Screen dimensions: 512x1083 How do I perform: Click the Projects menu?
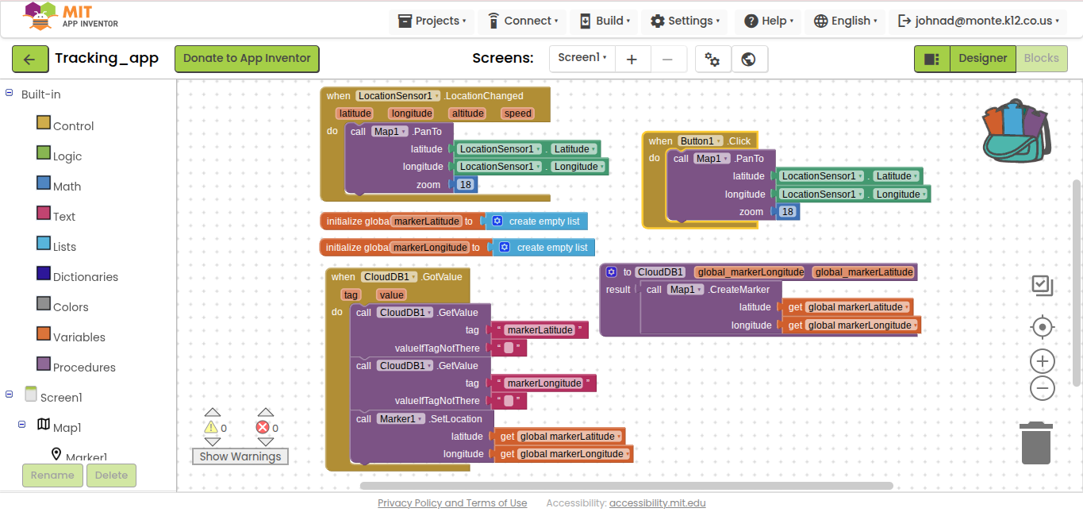(432, 21)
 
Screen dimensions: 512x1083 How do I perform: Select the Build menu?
(605, 21)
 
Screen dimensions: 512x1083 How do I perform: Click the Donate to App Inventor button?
(247, 59)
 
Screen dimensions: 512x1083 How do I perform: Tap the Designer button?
(982, 59)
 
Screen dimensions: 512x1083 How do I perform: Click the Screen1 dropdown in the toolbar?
(582, 58)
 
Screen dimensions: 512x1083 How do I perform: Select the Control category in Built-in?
(73, 125)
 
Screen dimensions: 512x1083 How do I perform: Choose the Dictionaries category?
(85, 276)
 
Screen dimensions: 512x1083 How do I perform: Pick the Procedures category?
(84, 367)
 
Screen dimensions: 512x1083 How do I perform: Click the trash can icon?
(1035, 443)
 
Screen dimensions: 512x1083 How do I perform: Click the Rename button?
(52, 475)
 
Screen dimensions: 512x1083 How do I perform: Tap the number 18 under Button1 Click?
(787, 212)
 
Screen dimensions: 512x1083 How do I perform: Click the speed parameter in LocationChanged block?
(517, 114)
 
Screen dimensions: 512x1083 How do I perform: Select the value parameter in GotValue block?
(392, 295)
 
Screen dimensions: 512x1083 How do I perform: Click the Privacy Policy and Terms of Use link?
(452, 503)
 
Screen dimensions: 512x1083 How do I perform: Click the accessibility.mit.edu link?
(658, 503)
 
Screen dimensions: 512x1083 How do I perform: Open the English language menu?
(846, 21)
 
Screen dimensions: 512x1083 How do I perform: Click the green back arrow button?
(29, 59)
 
